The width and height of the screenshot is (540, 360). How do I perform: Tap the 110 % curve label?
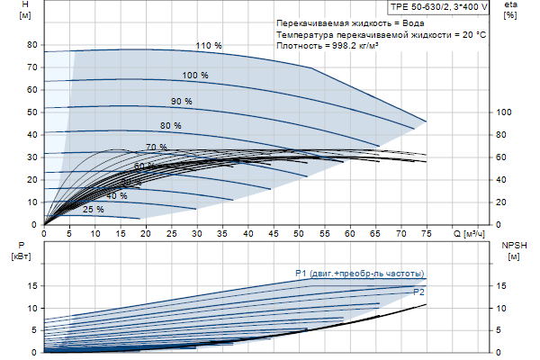[208, 45]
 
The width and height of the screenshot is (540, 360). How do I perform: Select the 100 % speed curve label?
[195, 76]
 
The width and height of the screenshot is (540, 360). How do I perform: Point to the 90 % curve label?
[182, 101]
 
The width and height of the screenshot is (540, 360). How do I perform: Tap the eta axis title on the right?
[510, 10]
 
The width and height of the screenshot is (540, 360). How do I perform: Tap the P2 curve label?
[418, 292]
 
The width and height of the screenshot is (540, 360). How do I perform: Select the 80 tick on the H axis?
[31, 45]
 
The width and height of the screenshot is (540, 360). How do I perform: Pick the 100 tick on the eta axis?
[505, 112]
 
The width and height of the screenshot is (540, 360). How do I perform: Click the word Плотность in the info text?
[301, 45]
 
